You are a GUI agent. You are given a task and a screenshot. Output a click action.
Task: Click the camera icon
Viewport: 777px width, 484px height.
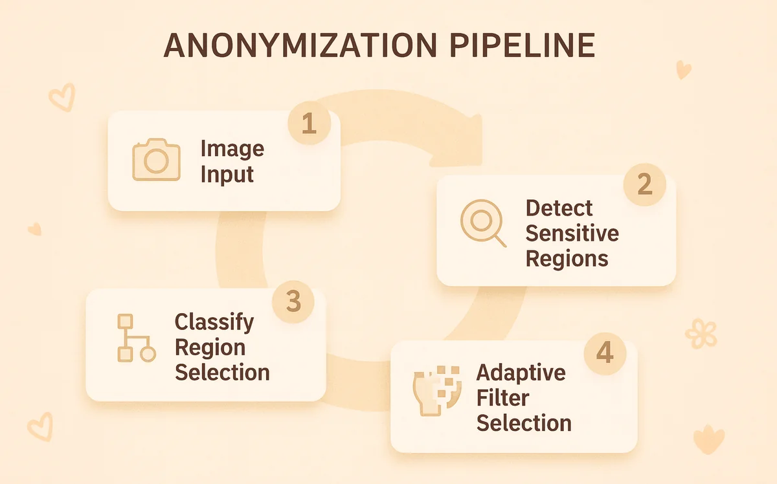(x=156, y=159)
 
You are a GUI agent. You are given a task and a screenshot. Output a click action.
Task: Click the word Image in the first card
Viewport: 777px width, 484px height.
(x=232, y=149)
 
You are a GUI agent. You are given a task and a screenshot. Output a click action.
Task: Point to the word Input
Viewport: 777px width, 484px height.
(x=227, y=174)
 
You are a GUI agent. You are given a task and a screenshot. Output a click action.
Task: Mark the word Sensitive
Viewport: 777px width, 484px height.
(x=572, y=234)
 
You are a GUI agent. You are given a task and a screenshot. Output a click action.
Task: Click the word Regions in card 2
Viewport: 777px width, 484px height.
(x=567, y=259)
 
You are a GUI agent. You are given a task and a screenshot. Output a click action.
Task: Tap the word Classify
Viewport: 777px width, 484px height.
(x=214, y=322)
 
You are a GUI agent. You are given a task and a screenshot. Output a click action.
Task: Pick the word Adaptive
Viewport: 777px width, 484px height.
(x=521, y=373)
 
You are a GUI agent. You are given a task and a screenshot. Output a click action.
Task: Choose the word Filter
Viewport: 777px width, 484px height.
(x=502, y=398)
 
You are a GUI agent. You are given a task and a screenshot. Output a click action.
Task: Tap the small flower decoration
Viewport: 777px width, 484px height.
(x=701, y=333)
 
